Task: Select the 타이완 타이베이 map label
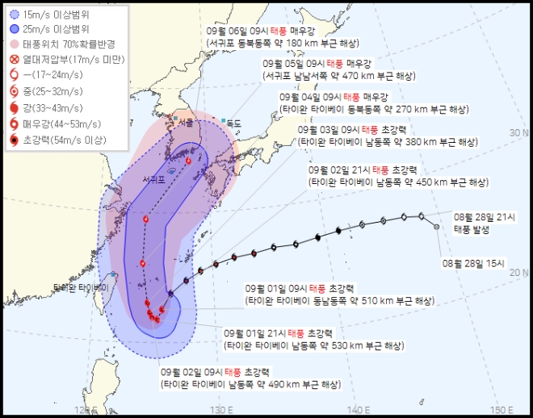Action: pyautogui.click(x=80, y=287)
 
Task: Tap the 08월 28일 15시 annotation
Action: pyautogui.click(x=473, y=263)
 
